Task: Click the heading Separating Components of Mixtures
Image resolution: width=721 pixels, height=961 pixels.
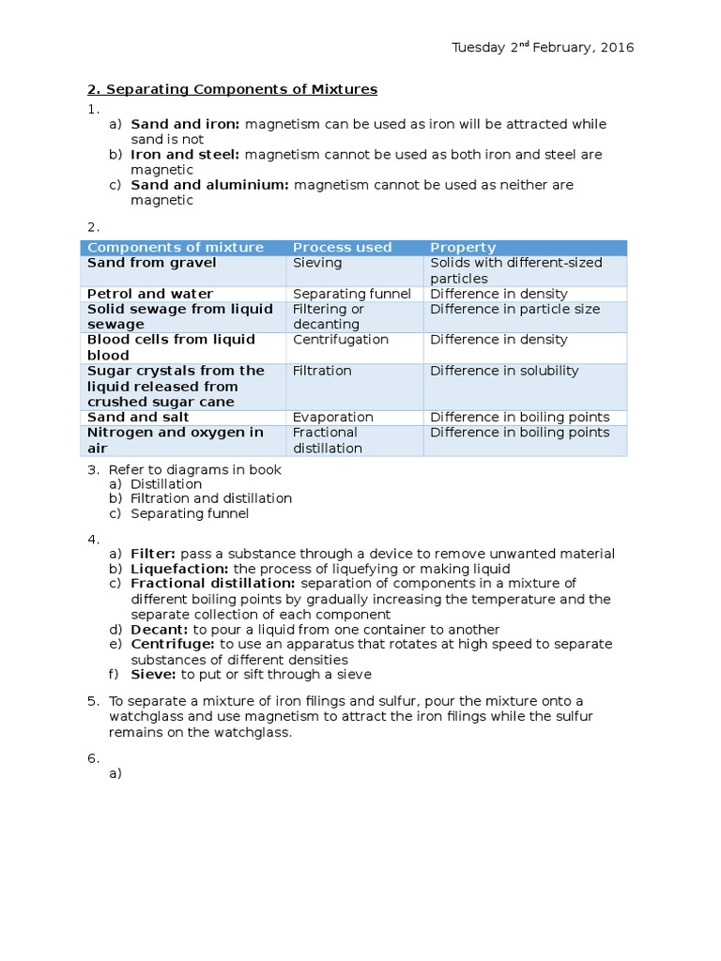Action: click(232, 89)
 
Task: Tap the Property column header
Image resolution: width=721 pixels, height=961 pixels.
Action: click(463, 248)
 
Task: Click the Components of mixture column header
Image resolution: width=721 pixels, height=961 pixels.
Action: click(176, 248)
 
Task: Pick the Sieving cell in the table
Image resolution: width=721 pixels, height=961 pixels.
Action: click(317, 264)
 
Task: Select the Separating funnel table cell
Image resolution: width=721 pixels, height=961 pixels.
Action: click(351, 295)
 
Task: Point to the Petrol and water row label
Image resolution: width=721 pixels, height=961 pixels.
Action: click(150, 295)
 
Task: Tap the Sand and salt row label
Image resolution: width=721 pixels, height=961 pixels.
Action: click(138, 418)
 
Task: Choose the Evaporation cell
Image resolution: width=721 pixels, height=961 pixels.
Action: click(332, 418)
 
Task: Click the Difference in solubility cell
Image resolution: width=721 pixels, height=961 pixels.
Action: click(504, 371)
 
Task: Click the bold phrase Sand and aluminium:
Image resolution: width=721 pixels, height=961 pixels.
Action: click(209, 185)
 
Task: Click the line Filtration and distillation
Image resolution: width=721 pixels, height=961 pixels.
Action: click(211, 498)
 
